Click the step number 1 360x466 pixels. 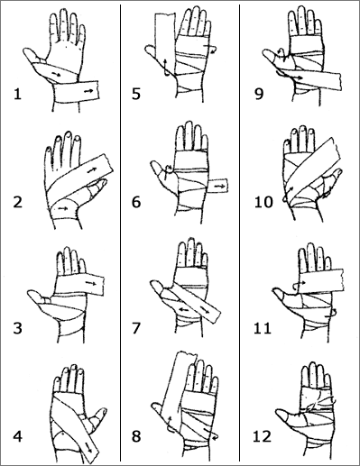click(17, 94)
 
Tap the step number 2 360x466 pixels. click(18, 202)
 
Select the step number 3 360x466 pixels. click(18, 328)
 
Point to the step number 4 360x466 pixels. click(18, 436)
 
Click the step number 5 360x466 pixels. click(136, 94)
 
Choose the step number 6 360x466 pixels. click(136, 202)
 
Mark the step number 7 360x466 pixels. click(136, 328)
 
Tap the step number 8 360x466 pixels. click(136, 436)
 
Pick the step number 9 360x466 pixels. click(259, 94)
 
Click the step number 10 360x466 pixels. click(263, 202)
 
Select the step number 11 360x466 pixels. click(263, 328)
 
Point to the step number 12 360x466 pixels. click(263, 436)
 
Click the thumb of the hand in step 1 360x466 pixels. click(33, 56)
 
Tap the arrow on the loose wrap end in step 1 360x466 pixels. click(88, 90)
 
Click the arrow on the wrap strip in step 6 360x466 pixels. click(220, 187)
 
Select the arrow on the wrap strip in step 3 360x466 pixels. click(90, 283)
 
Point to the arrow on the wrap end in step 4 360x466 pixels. click(89, 447)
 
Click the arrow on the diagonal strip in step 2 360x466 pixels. click(90, 170)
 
